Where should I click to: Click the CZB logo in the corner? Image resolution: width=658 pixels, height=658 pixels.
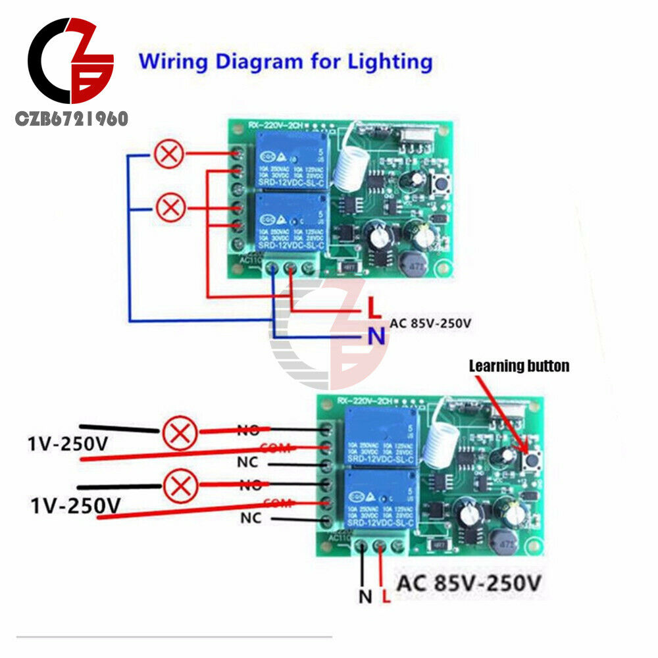(x=69, y=63)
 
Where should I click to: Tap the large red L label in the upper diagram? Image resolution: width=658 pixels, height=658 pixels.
(x=372, y=307)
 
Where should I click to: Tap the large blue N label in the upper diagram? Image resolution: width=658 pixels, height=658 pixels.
(x=376, y=336)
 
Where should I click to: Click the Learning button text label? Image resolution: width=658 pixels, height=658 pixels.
(x=519, y=366)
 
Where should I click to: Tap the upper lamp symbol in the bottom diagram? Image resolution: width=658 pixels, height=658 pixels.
(x=180, y=434)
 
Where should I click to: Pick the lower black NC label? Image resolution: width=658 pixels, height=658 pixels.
(x=250, y=519)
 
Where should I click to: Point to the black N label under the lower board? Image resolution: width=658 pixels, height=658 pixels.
(x=365, y=597)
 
